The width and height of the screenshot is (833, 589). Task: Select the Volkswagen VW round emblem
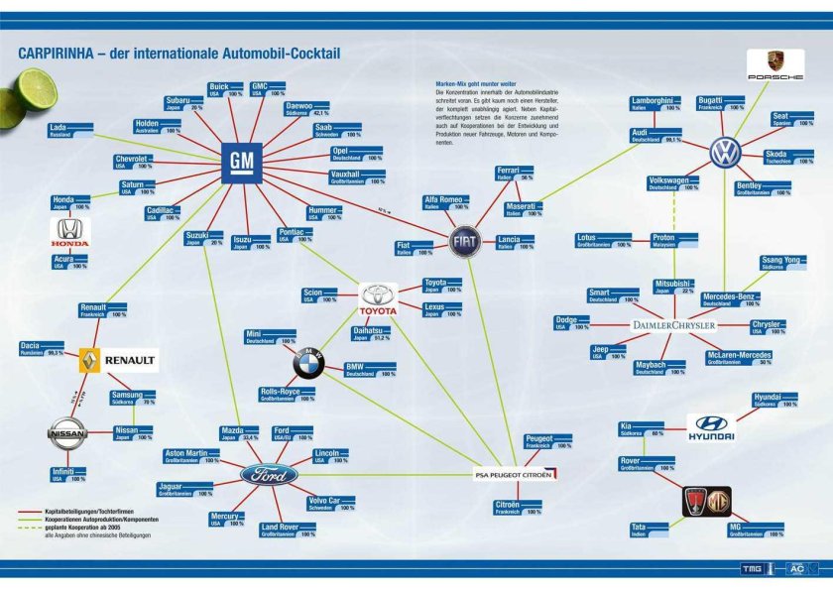726,152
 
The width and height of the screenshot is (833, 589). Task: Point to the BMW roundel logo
309,365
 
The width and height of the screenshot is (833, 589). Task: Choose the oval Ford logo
269,474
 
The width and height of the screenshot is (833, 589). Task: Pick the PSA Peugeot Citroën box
511,476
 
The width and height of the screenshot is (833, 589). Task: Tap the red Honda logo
71,233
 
